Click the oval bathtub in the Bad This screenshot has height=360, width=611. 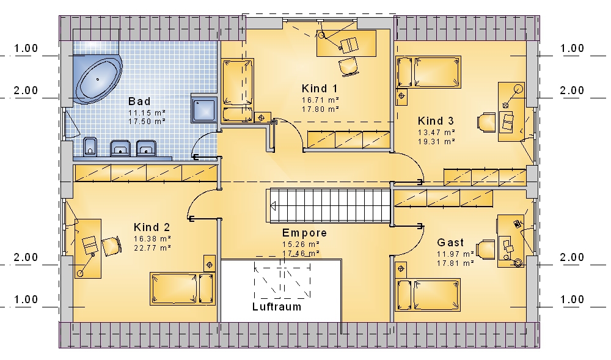[x=98, y=79]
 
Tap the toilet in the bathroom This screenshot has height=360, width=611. [x=90, y=146]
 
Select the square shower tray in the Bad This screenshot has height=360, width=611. [x=204, y=109]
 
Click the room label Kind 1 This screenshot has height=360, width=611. [x=320, y=89]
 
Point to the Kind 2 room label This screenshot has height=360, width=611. [x=152, y=227]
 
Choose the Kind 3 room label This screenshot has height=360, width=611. [x=436, y=121]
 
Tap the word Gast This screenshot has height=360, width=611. [x=450, y=242]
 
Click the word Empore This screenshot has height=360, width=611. [x=304, y=233]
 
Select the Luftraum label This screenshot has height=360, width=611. [x=277, y=307]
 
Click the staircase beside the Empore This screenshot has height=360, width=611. [x=329, y=206]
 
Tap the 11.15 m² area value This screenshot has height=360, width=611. [x=147, y=113]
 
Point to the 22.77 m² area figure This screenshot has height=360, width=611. [x=152, y=248]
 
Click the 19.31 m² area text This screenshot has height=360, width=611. [x=436, y=142]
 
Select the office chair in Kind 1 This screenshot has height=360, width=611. [x=348, y=66]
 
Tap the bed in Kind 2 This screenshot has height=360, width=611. [x=182, y=288]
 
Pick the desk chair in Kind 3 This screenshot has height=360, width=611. [x=486, y=122]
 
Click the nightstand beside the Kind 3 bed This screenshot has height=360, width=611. [x=401, y=96]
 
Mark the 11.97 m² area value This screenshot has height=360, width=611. [x=455, y=254]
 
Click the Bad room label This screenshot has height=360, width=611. [x=139, y=101]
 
